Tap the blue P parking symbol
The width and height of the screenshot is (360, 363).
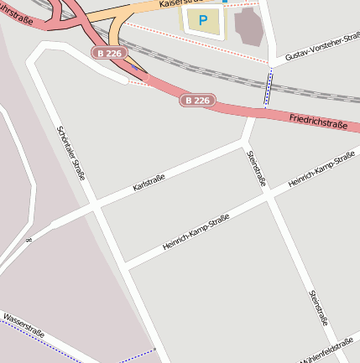pos(203,20)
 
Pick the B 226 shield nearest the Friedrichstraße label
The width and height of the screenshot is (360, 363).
pos(198,101)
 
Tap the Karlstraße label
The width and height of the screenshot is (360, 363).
pos(149,182)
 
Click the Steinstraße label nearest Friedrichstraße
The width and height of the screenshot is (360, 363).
pos(255,168)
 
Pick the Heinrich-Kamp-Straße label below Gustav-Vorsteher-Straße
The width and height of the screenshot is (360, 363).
pos(321,171)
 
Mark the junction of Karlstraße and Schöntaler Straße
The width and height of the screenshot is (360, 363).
pos(97,205)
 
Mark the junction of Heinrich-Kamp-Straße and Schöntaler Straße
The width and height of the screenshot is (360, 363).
pos(126,266)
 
